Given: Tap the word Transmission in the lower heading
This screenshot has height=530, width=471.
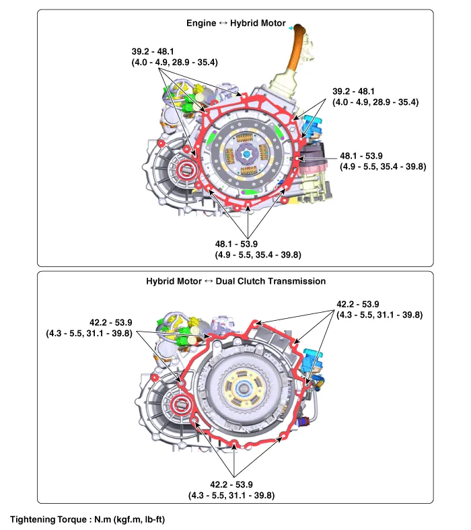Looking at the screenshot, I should coord(296,281).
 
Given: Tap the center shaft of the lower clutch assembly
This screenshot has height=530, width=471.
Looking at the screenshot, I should coord(243,388).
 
